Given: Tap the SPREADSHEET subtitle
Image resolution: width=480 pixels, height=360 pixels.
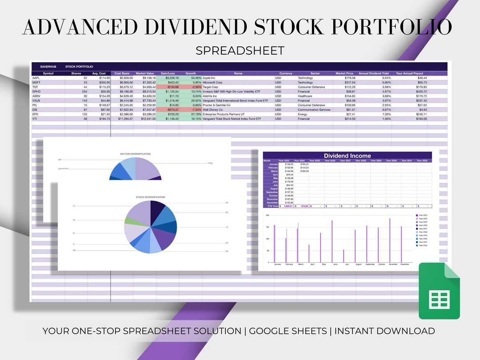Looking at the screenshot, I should coord(240,51).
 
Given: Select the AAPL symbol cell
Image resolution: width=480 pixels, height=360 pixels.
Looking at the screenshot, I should coord(36,78).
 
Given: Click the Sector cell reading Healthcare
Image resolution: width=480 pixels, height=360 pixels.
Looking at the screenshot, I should coord(305,96).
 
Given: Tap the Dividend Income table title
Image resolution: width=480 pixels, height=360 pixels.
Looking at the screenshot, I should coord(347,156).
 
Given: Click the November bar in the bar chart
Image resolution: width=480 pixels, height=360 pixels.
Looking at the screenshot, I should coord(390,240).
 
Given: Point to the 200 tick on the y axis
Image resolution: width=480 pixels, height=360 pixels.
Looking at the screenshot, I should coord(268,215).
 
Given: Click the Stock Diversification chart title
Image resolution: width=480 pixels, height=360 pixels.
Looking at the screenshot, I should coord(150,197).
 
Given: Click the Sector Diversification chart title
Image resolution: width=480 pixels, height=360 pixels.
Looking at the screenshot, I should coord(135,154).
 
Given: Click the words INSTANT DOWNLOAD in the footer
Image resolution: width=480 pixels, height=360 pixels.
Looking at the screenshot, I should coord(384,331).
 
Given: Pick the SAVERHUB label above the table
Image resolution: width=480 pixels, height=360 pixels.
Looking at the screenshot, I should coord(48,67).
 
